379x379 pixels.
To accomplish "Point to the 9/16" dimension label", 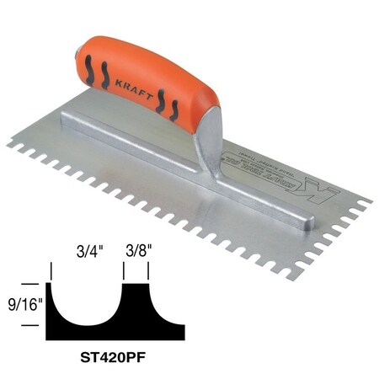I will click(x=22, y=302).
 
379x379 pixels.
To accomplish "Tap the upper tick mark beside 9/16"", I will click(x=37, y=284).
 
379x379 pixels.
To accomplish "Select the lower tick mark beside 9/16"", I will click(x=37, y=319).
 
